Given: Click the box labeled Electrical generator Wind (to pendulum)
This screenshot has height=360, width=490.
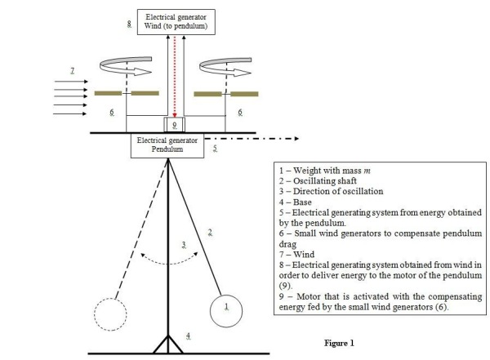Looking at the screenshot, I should coord(176,22).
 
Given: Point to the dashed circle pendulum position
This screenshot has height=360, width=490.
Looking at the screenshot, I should coord(114,313).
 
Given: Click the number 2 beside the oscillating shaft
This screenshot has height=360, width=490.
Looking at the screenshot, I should coord(211,233).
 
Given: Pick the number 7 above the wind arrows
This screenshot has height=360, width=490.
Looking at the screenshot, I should coord(72,72).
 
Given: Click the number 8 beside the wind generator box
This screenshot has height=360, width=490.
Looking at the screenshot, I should coord(129,25).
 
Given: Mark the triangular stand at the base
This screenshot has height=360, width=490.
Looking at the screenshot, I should coord(168,344).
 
